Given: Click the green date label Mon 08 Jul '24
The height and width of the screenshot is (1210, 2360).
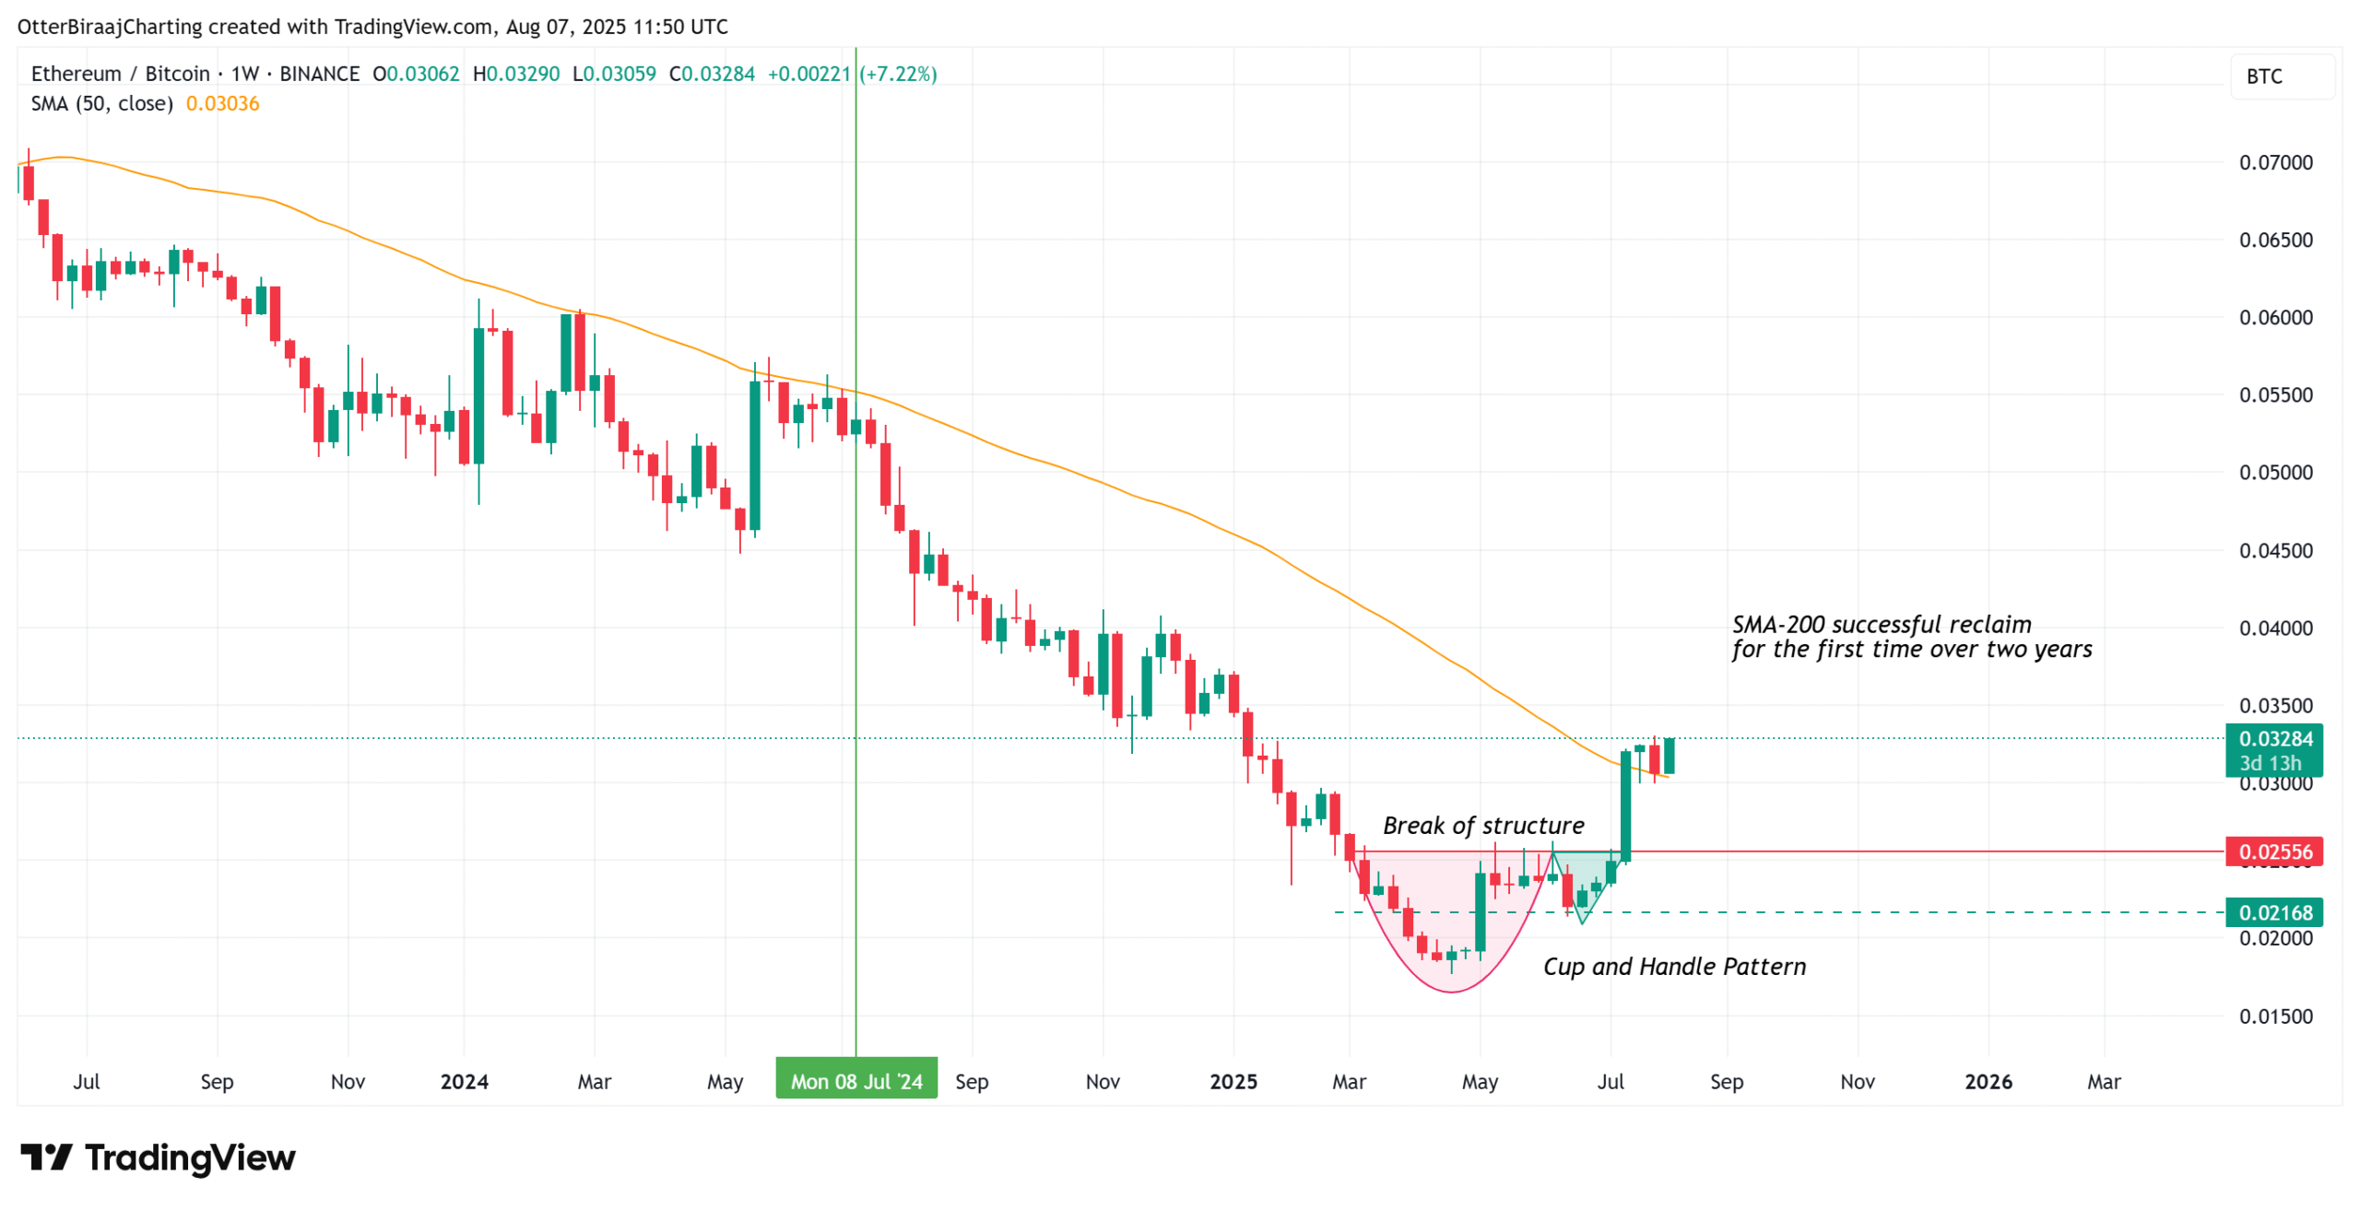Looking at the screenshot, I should coord(855,1080).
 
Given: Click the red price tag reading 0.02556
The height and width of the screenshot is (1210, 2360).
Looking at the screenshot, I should coord(2273,852).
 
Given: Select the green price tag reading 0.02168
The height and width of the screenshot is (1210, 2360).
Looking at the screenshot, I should coord(2273,912).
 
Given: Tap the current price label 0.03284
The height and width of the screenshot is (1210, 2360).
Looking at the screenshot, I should coord(2273,739).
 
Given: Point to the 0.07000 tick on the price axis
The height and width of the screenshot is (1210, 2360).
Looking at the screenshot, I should coord(2275,163).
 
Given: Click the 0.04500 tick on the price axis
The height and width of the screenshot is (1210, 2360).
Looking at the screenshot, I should coord(2275,551).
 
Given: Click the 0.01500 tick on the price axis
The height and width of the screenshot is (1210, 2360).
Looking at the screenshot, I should coord(2275,1016).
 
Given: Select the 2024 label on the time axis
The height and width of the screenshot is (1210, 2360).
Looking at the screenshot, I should coord(464,1082).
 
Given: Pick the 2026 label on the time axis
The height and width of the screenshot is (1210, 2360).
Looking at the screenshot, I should coord(1988,1082).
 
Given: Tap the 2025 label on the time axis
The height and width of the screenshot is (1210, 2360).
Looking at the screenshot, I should coord(1233,1082).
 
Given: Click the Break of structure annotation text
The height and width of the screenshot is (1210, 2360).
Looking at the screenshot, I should coord(1482,826).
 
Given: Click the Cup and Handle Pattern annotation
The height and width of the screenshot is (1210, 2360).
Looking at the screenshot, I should coord(1673,967).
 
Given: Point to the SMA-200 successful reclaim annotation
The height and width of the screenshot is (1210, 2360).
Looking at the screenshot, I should coord(1910,637).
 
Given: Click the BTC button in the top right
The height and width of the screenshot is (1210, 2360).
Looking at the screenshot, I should coord(2281,76).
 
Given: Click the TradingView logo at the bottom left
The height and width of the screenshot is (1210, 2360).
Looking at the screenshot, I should coord(159,1157).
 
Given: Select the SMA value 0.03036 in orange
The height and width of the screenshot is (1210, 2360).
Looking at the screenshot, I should coord(222,103).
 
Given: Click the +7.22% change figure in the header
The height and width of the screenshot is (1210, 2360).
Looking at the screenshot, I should coord(897,74).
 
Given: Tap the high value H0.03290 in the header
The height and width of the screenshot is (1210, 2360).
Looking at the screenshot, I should coord(515,74).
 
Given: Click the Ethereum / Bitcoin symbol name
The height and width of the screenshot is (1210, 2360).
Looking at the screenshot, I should coord(120,74).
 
